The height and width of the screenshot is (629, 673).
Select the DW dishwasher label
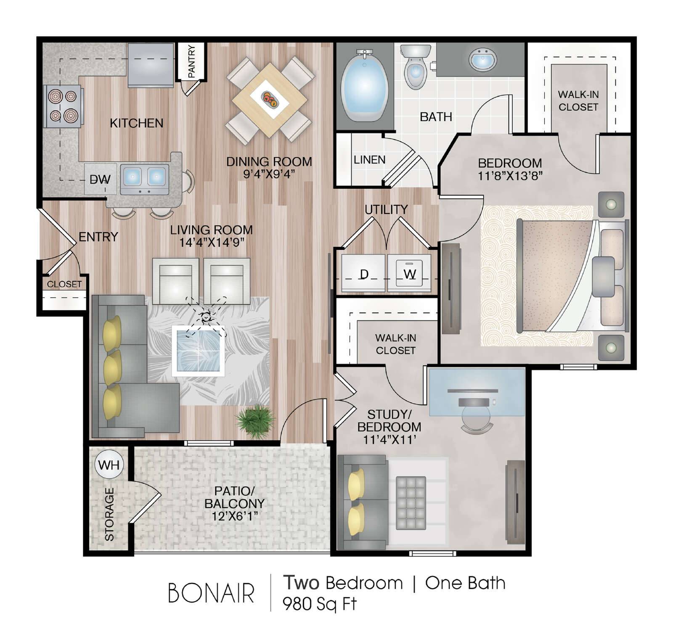[x=100, y=180]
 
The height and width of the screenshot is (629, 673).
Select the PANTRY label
[x=192, y=61]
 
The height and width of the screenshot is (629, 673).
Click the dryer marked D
[x=363, y=273]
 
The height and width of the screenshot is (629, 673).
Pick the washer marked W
[x=409, y=273]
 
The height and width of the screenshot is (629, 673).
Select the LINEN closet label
[x=369, y=160]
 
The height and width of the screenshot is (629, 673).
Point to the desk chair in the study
[x=477, y=414]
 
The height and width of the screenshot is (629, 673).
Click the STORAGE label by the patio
[x=109, y=514]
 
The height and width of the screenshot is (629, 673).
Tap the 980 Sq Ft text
[x=319, y=604]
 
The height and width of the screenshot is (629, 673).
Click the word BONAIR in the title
[x=211, y=594]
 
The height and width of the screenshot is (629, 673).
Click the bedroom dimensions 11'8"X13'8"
[x=510, y=176]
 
